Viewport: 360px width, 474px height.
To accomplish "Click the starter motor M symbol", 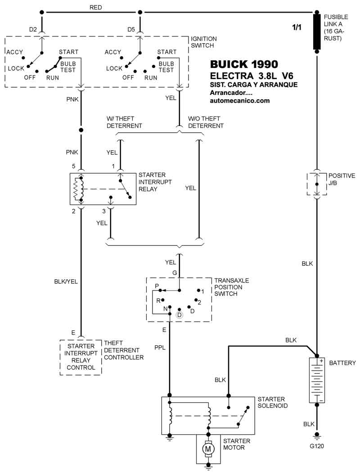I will [208, 449].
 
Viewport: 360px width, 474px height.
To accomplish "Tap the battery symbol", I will [317, 380].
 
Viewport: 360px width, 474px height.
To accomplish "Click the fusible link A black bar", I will [317, 36].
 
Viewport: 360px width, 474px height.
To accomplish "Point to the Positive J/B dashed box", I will [317, 183].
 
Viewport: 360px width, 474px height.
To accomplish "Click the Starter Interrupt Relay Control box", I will [81, 357].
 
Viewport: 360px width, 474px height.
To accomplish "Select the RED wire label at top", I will [96, 8].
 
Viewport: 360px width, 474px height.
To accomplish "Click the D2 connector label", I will [33, 30].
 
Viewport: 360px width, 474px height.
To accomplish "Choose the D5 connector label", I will [131, 30].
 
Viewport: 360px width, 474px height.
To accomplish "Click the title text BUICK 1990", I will [244, 64].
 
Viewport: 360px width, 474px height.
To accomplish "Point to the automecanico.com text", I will [239, 100].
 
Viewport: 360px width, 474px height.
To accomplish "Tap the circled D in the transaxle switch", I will [179, 315].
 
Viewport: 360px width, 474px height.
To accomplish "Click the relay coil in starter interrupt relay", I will [81, 189].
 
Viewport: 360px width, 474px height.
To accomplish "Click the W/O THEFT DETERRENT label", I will [206, 122].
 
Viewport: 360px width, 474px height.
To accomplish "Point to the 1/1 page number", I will [297, 28].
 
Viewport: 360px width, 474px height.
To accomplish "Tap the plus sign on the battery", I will [321, 361].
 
